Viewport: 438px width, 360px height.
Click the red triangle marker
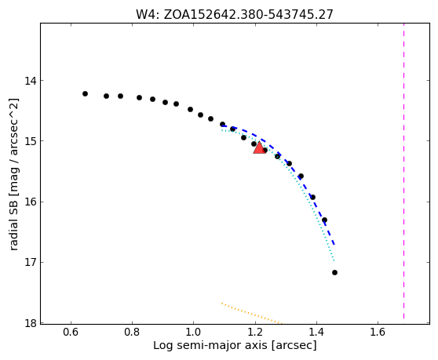(x=260, y=147)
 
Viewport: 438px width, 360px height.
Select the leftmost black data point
(x=86, y=94)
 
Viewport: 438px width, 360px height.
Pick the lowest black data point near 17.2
(x=334, y=273)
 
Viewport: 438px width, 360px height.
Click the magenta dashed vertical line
(x=403, y=173)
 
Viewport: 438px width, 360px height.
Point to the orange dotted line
(x=252, y=314)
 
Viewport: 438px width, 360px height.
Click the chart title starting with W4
(x=235, y=15)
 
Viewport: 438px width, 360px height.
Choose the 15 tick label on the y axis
(x=31, y=141)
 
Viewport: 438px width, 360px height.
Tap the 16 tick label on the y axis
(x=31, y=202)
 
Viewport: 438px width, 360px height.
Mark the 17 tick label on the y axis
(x=31, y=263)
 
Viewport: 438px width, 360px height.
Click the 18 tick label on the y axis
(x=31, y=323)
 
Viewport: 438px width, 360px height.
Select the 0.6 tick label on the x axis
(x=71, y=332)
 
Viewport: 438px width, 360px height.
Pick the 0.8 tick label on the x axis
(x=132, y=332)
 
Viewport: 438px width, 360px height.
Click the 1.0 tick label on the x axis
(x=193, y=332)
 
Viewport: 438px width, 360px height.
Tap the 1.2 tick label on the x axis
(x=255, y=332)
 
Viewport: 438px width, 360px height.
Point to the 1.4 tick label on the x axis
(x=316, y=332)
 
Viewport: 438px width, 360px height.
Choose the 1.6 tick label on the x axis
(x=378, y=332)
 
